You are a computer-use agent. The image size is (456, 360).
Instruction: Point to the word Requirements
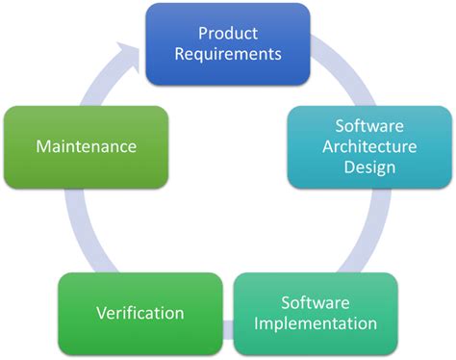pyautogui.click(x=227, y=53)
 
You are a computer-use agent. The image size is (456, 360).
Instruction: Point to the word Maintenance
pyautogui.click(x=86, y=146)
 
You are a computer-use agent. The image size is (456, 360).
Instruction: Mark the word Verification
pyautogui.click(x=140, y=313)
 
